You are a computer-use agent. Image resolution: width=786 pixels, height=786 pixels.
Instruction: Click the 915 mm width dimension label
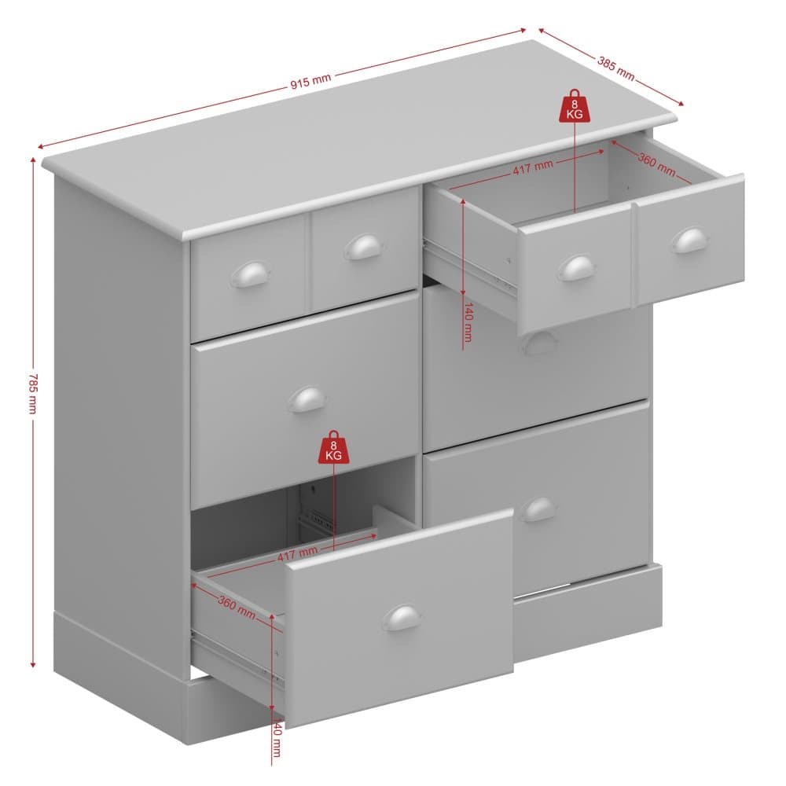[x=310, y=81]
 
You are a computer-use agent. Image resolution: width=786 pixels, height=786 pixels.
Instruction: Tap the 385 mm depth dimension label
[x=616, y=68]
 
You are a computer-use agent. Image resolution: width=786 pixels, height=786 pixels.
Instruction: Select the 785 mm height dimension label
[x=32, y=393]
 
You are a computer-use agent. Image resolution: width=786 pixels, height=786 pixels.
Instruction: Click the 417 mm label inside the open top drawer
[x=533, y=167]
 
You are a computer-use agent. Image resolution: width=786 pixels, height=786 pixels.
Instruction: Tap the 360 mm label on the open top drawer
[x=656, y=163]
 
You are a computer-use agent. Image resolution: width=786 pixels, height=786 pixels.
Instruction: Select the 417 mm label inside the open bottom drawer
[x=297, y=553]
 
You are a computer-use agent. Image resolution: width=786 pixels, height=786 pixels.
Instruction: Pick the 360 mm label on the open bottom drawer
[x=237, y=607]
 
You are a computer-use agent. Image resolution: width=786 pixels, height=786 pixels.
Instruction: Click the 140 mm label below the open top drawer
[x=468, y=321]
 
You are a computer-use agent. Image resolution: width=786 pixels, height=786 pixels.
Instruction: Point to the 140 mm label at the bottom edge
[x=276, y=737]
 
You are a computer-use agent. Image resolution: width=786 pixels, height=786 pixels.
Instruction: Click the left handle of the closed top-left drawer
[x=250, y=274]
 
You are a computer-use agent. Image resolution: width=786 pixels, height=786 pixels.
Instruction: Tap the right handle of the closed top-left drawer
[x=364, y=247]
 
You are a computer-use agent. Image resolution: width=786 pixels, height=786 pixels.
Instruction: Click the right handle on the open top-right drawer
[x=690, y=241]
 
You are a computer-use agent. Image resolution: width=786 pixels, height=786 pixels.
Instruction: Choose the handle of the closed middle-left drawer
[x=307, y=399]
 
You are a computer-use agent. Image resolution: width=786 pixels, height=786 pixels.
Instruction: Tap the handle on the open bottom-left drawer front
[x=401, y=617]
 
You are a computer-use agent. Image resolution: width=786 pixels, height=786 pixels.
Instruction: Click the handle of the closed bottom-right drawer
[x=538, y=509]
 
